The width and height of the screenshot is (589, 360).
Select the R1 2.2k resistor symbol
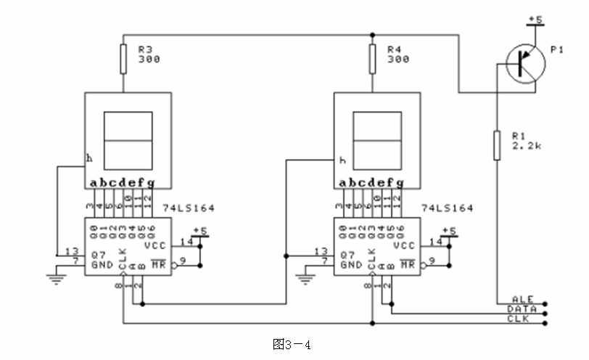point(497,144)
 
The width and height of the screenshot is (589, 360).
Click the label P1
point(556,49)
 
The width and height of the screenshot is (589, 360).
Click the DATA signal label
point(522,308)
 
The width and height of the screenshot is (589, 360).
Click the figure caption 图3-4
point(291,344)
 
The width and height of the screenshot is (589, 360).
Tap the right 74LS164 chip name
point(448,208)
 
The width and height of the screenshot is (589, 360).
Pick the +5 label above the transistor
point(537,19)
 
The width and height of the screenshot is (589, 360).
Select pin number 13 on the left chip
point(70,251)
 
